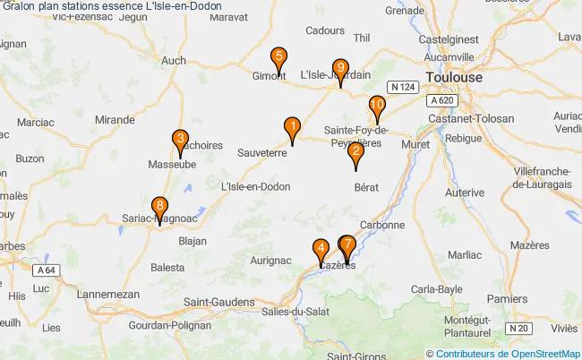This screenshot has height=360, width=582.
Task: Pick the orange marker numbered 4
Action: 321,250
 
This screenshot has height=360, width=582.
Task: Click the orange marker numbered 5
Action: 279,58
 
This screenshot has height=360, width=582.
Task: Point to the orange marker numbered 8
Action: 159,206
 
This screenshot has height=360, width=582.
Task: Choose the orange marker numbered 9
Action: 339,68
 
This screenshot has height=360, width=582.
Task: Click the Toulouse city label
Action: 453,78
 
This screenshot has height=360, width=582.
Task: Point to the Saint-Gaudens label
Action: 218,302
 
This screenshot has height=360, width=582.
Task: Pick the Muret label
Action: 417,142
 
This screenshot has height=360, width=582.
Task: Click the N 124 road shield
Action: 401,86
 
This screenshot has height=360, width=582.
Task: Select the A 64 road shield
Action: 47,270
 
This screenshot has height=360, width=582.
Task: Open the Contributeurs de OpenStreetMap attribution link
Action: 508,353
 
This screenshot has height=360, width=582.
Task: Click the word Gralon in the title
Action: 21,6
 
